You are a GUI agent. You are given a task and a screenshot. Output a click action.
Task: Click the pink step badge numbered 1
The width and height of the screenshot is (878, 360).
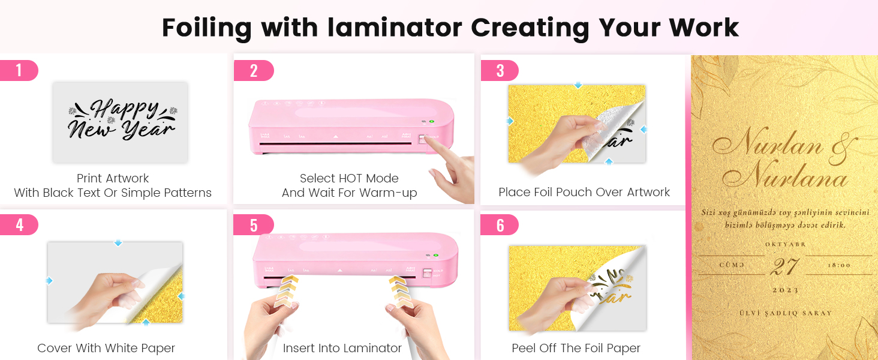19,71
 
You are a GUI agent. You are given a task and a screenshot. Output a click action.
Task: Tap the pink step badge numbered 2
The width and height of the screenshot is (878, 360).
253,71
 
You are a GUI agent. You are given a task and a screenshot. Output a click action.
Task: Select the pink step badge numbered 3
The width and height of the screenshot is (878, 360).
500,71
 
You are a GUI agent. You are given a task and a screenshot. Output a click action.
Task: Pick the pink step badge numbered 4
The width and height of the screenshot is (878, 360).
19,225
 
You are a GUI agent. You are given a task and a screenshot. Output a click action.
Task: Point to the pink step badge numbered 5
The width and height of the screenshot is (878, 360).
253,225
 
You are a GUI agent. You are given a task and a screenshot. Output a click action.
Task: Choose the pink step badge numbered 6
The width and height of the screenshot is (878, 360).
500,225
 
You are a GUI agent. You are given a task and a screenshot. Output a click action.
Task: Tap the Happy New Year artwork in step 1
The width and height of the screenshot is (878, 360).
121,121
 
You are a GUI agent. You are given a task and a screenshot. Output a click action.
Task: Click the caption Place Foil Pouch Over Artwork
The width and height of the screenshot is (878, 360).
584,193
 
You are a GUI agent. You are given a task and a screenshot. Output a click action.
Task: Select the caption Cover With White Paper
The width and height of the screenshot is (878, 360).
106,348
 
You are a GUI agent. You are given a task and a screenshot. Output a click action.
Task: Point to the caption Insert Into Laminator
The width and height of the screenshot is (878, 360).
342,348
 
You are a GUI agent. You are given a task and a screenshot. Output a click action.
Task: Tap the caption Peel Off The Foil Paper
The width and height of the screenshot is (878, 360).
576,348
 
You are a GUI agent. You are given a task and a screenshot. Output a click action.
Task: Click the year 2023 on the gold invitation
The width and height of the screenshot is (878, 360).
784,290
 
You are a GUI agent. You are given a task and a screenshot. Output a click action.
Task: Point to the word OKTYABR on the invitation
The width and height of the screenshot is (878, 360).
784,245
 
